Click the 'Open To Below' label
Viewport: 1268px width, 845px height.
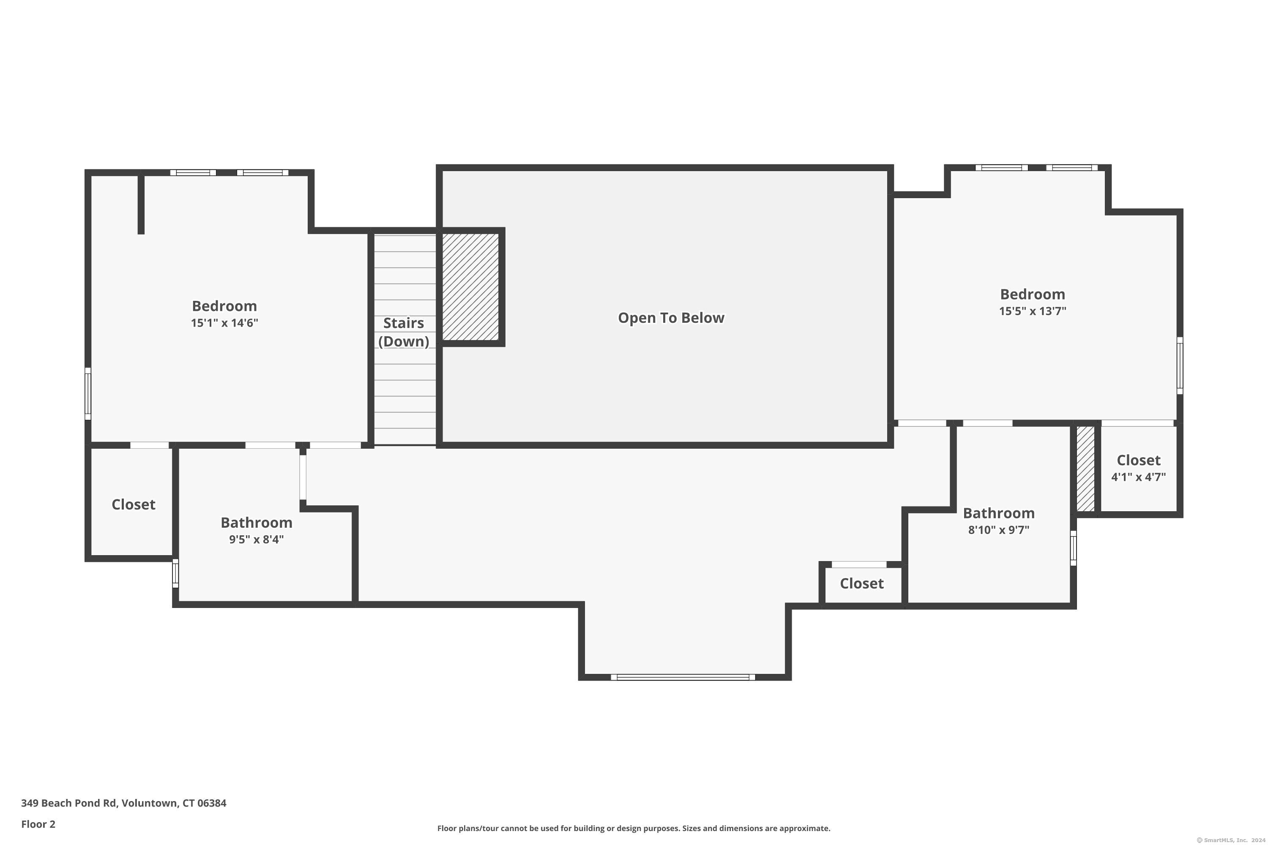coord(671,318)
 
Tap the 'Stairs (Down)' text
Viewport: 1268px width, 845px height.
coord(403,332)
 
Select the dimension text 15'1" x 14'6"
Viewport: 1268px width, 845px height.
coord(224,323)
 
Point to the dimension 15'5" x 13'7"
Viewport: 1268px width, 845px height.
coord(1033,311)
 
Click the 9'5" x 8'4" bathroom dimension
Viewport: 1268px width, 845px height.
coord(256,540)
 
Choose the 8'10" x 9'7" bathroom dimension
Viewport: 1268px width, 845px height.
coord(998,530)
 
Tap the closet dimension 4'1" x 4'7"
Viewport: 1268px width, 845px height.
coord(1138,477)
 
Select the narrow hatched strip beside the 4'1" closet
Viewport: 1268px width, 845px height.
coord(1085,468)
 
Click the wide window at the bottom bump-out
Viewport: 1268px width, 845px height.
coord(683,677)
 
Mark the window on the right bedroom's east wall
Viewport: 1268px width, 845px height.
coord(1180,365)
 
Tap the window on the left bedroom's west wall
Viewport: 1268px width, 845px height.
coord(88,393)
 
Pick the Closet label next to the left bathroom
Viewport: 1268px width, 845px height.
coord(133,504)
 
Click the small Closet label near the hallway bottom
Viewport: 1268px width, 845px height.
coord(861,583)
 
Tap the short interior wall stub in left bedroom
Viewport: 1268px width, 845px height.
coord(141,204)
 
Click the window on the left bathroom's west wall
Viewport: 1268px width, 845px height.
coord(175,573)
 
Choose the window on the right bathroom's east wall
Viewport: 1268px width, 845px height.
coord(1074,548)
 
